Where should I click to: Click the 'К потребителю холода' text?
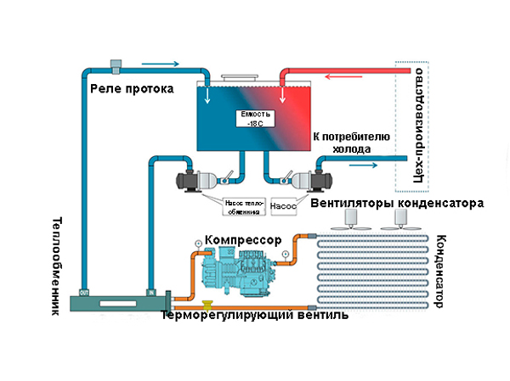point(350,143)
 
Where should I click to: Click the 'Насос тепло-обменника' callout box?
point(243,206)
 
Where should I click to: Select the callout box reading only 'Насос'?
point(285,205)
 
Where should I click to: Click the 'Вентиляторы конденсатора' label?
point(398,204)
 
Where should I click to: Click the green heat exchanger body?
point(118,300)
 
